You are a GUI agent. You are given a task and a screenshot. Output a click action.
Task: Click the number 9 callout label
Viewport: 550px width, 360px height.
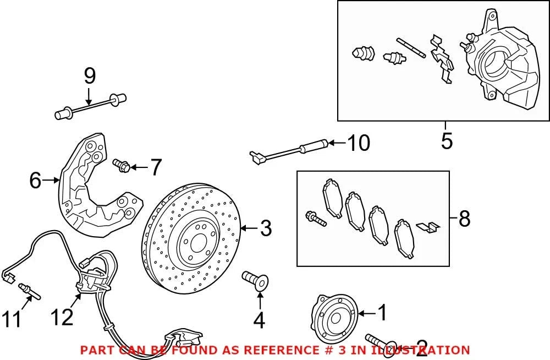(90, 76)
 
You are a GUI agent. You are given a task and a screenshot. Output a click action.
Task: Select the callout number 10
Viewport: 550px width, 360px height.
(359, 143)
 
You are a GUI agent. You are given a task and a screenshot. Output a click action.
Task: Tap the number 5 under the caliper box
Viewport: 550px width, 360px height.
(447, 141)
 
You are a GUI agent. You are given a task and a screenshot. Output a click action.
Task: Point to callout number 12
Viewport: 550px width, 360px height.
(62, 317)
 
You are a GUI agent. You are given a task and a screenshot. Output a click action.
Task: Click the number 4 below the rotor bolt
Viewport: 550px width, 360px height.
(259, 320)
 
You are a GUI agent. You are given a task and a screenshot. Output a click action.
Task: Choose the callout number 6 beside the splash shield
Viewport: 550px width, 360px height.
(35, 181)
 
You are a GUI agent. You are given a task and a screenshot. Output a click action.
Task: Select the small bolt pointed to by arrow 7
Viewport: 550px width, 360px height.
(122, 165)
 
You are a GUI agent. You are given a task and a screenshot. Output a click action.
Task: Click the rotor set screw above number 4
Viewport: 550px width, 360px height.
(256, 281)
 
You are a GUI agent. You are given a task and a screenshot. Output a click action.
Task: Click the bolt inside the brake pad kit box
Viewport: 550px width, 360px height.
(316, 218)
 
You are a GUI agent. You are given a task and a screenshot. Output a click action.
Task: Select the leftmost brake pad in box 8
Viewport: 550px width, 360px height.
(332, 198)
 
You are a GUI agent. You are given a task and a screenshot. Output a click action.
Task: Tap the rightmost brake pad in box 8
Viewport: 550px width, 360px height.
(404, 239)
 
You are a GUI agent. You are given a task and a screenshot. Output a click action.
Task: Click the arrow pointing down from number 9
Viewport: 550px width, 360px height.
(89, 96)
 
